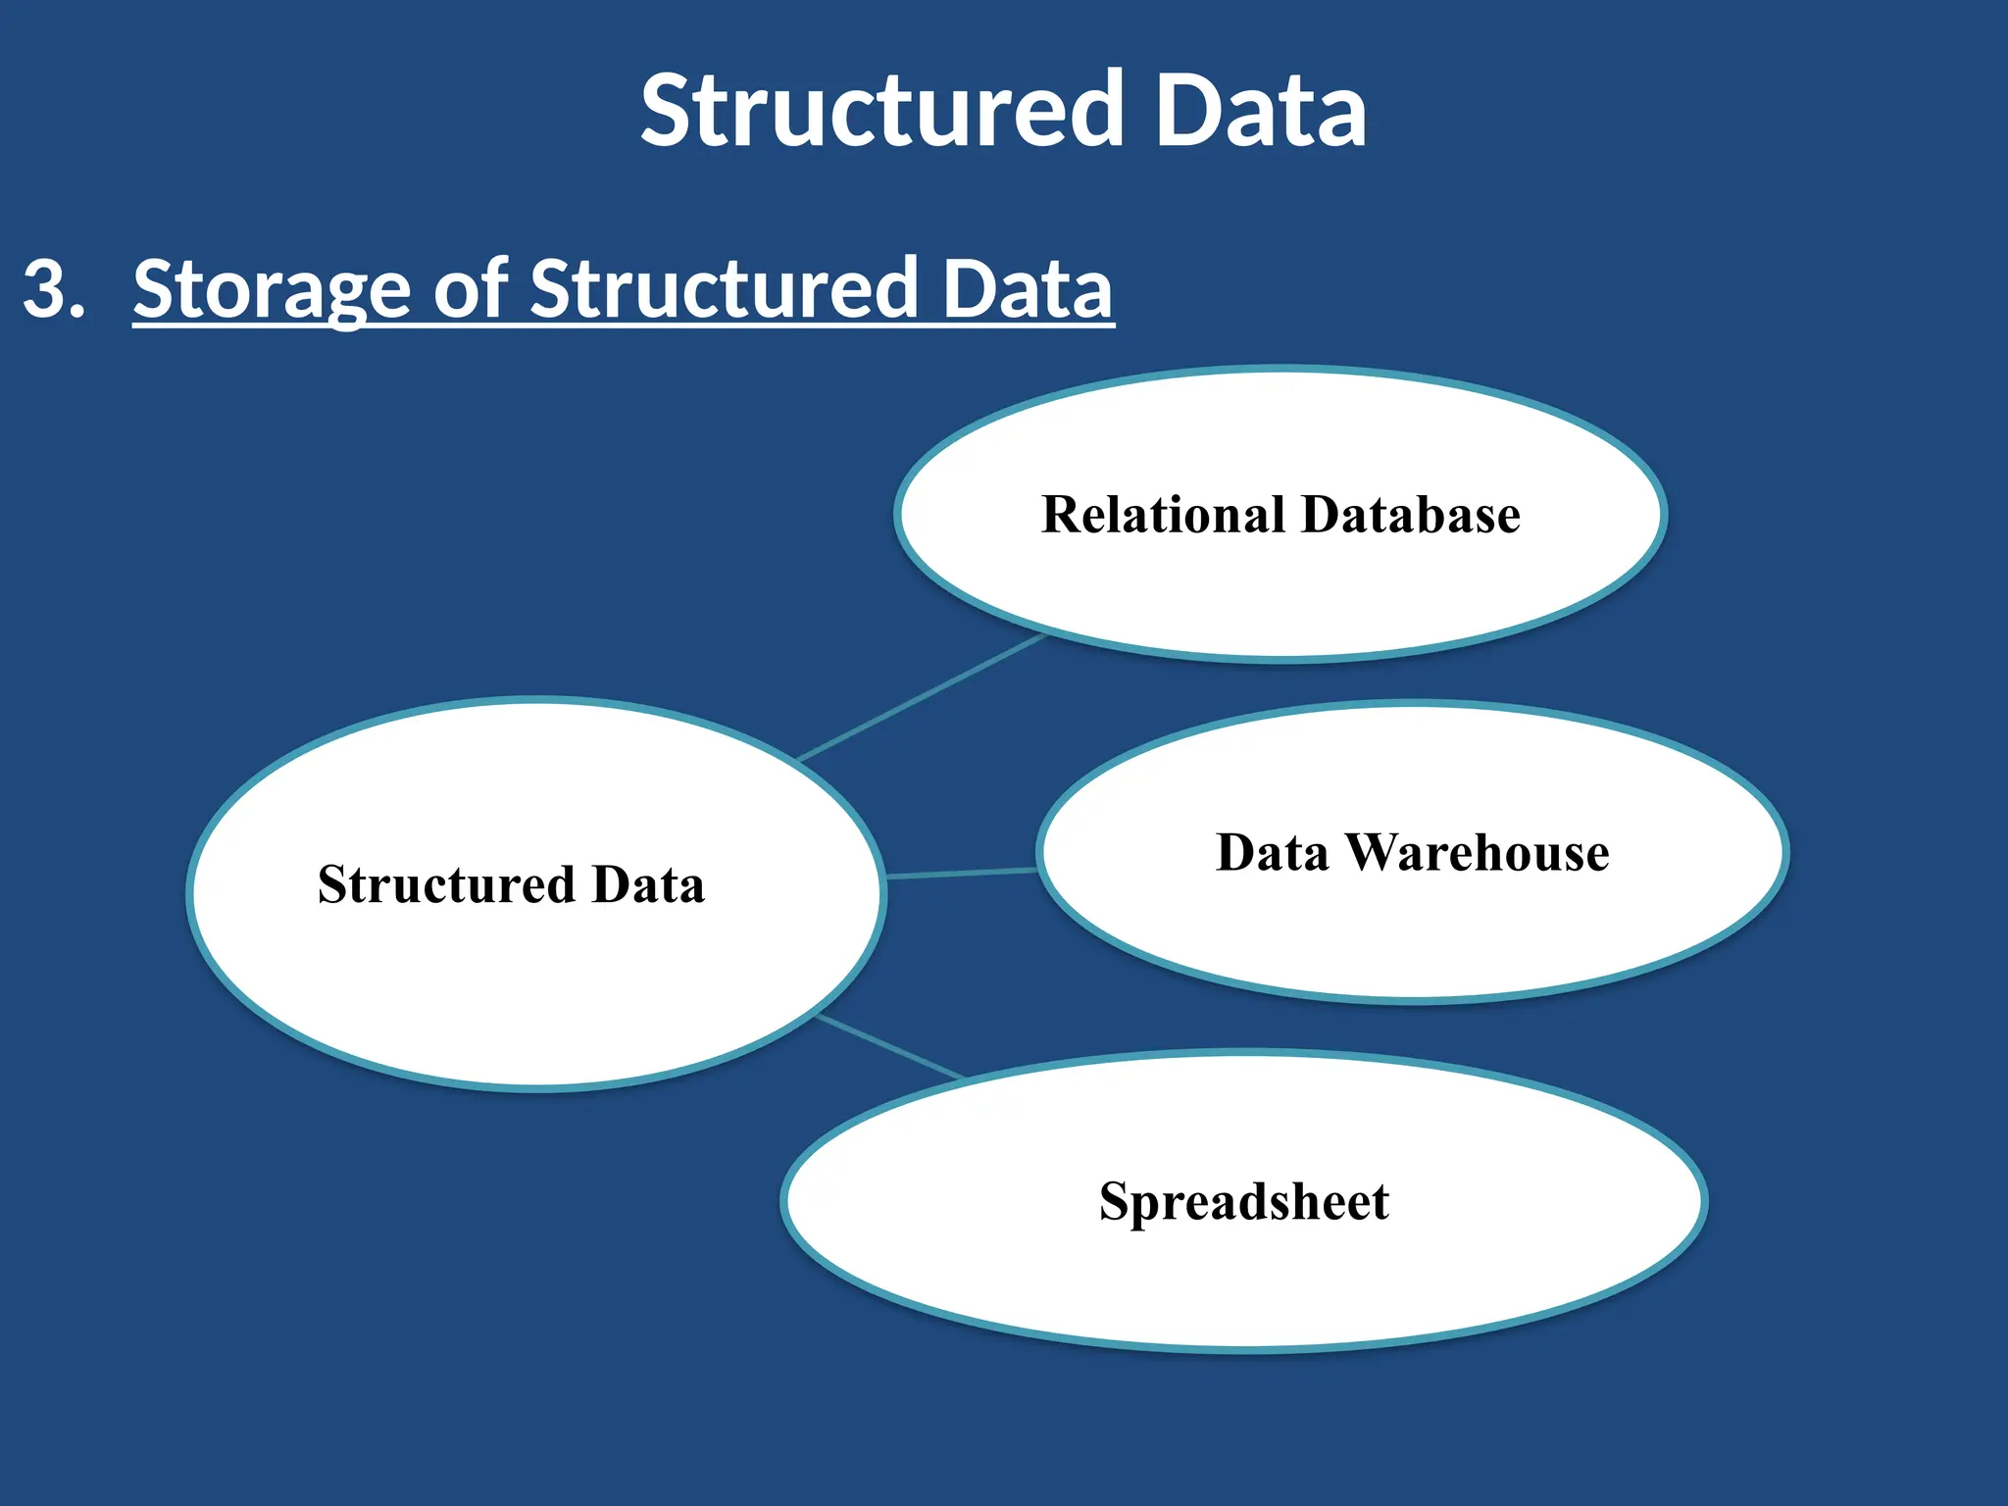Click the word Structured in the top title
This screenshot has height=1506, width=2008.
(880, 110)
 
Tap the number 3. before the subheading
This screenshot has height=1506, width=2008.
(54, 288)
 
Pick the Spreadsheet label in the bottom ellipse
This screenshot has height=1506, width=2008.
(1243, 1202)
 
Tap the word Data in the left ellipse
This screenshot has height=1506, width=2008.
(648, 884)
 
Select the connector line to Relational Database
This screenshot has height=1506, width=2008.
(922, 697)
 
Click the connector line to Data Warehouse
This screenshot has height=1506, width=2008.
(961, 873)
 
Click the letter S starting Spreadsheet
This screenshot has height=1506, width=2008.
(1115, 1202)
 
